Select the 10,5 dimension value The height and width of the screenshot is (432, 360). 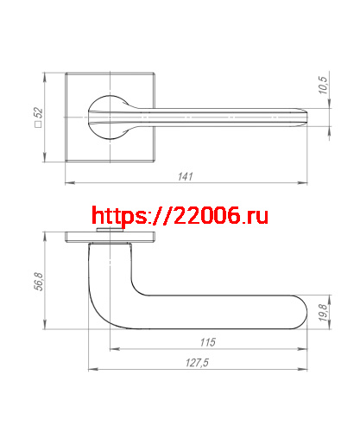323,86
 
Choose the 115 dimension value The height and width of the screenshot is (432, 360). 206,343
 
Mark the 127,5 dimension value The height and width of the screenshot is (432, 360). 198,363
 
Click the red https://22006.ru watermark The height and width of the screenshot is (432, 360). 180,215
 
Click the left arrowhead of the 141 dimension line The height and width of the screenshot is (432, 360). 69,183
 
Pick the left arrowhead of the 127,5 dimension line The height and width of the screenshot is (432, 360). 91,370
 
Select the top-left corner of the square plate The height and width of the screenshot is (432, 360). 66,74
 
